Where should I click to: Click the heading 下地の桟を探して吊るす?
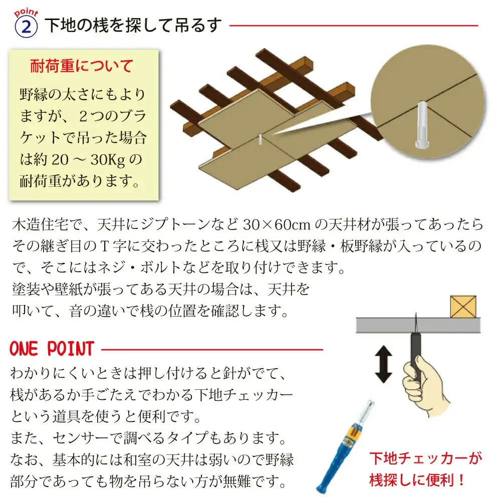click(x=133, y=25)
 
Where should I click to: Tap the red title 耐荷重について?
click(x=82, y=66)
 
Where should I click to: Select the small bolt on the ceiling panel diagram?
click(x=261, y=139)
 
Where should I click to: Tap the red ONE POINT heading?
click(x=52, y=348)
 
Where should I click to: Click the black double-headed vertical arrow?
click(x=384, y=364)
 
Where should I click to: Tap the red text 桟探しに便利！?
click(x=417, y=480)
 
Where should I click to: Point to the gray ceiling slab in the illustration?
click(x=416, y=326)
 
